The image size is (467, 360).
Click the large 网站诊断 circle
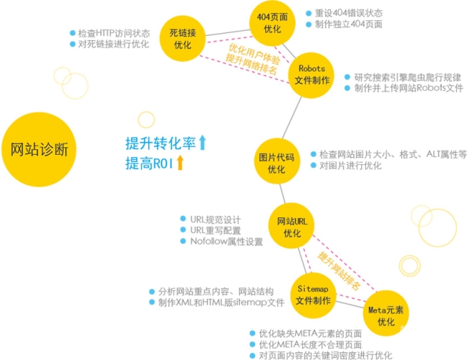tap(39, 149)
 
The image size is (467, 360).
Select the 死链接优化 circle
tap(182, 39)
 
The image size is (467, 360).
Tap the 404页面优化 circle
tap(272, 23)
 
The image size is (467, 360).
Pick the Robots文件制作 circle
tap(311, 76)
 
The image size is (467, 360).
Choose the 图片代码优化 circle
tap(277, 161)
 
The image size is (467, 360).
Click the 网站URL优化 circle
tap(292, 225)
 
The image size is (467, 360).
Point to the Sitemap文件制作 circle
tap(313, 295)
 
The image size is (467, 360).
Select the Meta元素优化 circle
tap(386, 313)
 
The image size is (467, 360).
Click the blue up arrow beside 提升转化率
tap(203, 143)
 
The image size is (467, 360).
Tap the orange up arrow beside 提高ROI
tap(180, 163)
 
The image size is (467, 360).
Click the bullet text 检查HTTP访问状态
tap(114, 33)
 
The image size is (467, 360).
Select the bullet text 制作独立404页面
tap(349, 24)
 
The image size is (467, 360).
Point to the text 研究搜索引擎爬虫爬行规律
tap(407, 77)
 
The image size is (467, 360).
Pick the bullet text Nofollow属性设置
tap(226, 241)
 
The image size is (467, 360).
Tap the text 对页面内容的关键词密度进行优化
tap(326, 355)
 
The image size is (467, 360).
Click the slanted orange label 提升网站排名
tap(339, 271)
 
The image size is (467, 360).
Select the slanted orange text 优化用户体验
tap(254, 54)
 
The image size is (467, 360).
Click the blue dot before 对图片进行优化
tap(313, 165)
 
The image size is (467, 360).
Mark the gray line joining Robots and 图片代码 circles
tap(292, 117)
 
